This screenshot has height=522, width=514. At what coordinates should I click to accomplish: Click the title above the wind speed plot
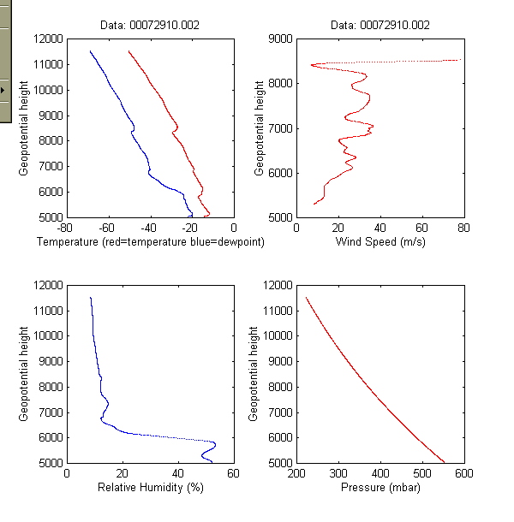pos(380,26)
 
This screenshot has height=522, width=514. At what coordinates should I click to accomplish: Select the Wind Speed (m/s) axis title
pos(380,243)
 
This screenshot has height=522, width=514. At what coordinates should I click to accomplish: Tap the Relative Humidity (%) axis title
pos(150,489)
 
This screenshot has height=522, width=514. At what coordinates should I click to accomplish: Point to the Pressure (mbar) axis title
pos(380,489)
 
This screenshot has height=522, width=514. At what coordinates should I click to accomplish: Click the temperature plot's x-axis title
pos(150,243)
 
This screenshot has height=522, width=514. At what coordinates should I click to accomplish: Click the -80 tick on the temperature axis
pos(63,228)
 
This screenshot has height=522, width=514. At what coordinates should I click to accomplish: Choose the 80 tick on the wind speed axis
pos(463,228)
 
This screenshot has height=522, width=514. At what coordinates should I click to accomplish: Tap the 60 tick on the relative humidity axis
pos(233,474)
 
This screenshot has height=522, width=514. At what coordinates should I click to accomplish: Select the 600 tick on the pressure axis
pos(463,474)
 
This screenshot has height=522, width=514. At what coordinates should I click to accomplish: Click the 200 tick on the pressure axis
pos(296,474)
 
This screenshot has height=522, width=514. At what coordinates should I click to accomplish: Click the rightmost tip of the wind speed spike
pos(458,60)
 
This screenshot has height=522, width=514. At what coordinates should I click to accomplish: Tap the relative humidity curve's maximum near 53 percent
pos(214,443)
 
